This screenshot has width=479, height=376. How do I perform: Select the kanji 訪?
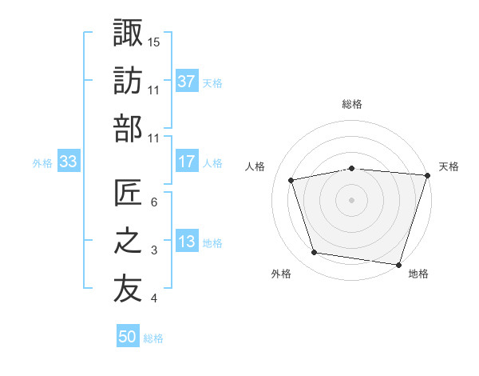pos(128,80)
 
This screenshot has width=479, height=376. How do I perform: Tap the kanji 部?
pos(128,129)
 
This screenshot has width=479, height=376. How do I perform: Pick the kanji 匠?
pos(128,193)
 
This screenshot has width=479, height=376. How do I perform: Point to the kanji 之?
pos(128,242)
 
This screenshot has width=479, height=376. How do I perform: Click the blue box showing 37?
pos(187,81)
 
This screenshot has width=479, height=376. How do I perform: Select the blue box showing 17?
pos(187,162)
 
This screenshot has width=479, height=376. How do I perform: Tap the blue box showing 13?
pos(187,242)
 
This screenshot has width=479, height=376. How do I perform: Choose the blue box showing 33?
pos(69,162)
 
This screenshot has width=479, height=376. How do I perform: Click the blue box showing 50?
pos(128,337)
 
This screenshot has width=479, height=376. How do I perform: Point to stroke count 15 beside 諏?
pos(154,41)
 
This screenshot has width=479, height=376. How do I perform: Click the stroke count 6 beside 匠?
pos(154,202)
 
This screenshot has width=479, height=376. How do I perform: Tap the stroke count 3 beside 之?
pos(154,251)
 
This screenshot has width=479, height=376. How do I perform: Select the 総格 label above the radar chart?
pos(352,104)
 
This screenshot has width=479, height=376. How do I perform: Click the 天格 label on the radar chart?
pos(449,166)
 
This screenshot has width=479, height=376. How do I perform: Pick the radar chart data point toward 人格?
pos(291,180)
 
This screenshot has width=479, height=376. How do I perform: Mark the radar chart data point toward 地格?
pos(399,264)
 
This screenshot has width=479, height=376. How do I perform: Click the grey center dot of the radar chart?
pos(352,199)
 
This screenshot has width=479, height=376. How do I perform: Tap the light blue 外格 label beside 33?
pos(42,162)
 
